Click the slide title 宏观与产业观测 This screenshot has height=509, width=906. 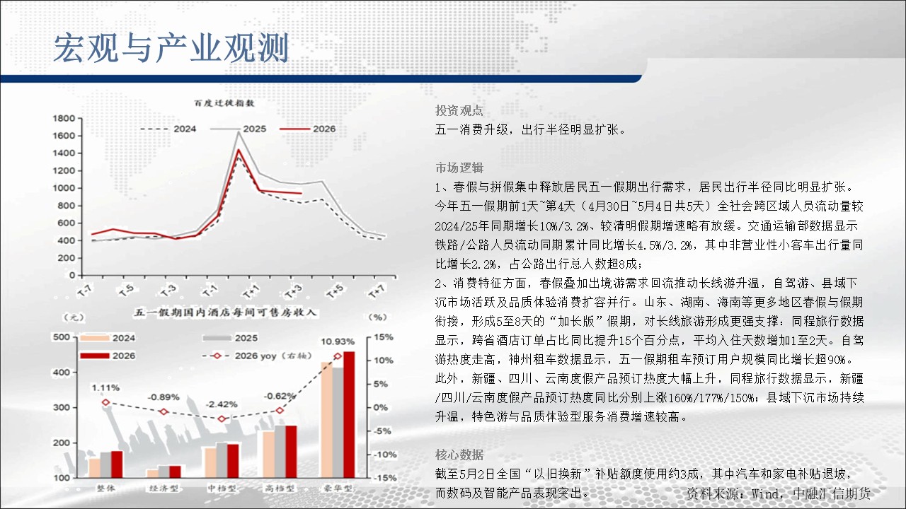(x=171, y=48)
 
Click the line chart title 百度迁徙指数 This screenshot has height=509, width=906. (x=224, y=103)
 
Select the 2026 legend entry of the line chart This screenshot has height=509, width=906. (x=307, y=129)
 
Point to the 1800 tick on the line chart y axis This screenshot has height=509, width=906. (x=64, y=118)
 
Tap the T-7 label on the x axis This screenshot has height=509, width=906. (x=86, y=291)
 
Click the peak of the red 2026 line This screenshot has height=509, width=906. (x=239, y=150)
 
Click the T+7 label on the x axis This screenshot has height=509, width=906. (x=377, y=291)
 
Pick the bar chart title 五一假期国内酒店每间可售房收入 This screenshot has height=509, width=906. (x=225, y=312)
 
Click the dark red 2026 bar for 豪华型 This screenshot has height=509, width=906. (x=349, y=414)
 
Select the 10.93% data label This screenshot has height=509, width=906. (x=338, y=341)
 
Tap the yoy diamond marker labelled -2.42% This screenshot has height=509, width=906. (x=222, y=419)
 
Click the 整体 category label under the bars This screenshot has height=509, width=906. (x=105, y=488)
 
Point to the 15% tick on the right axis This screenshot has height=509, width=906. (x=384, y=337)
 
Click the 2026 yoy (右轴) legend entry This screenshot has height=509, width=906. (x=257, y=356)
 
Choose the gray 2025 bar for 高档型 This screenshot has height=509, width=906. (x=280, y=451)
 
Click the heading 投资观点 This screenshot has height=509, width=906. (x=459, y=111)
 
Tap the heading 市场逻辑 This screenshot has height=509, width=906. (x=459, y=168)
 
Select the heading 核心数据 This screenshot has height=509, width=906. (x=459, y=455)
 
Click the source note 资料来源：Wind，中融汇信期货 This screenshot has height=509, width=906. (x=778, y=493)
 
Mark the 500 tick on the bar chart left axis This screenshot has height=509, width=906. (x=62, y=337)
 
